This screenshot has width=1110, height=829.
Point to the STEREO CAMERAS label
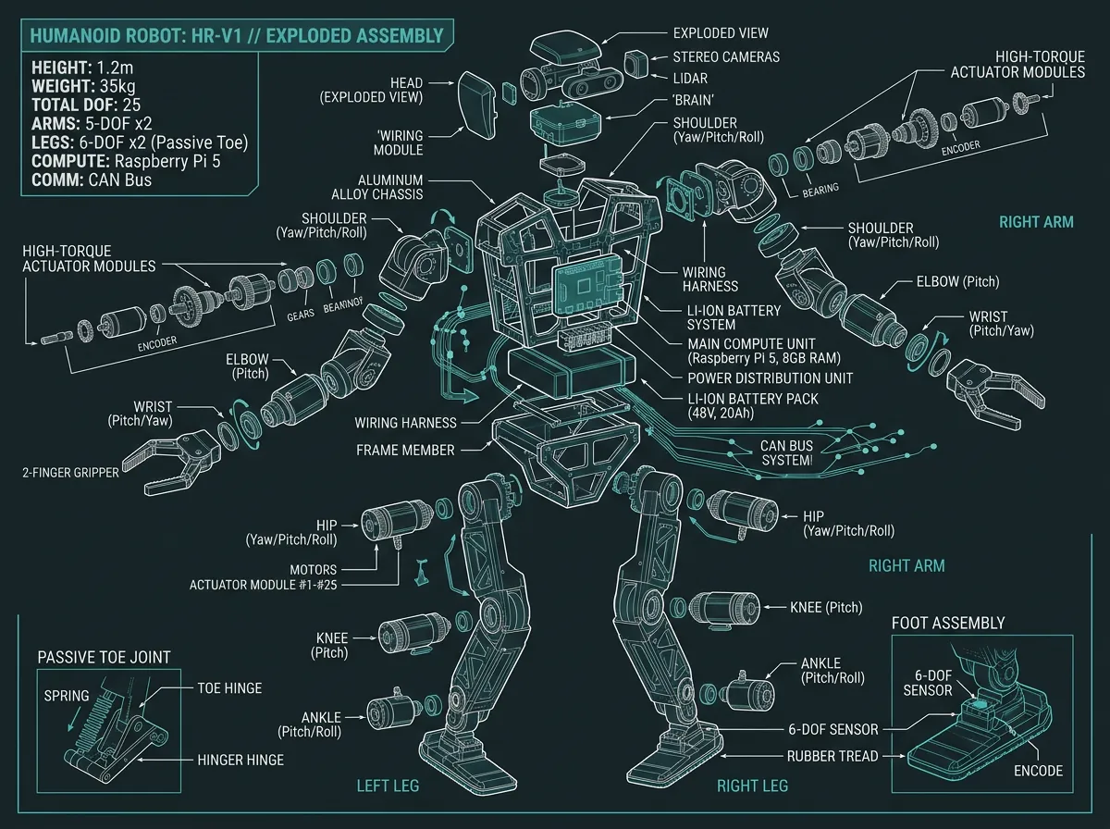pyautogui.click(x=726, y=57)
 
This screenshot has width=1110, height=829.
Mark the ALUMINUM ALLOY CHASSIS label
pyautogui.click(x=377, y=186)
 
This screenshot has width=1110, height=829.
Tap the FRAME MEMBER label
pyautogui.click(x=406, y=450)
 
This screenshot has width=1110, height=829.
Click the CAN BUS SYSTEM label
pyautogui.click(x=785, y=452)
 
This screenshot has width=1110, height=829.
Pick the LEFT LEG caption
pyautogui.click(x=388, y=786)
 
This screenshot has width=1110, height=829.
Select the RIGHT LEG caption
pyautogui.click(x=752, y=786)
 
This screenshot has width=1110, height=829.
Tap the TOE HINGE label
pyautogui.click(x=229, y=688)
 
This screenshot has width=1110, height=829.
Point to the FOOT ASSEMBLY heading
pyautogui.click(x=947, y=623)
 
